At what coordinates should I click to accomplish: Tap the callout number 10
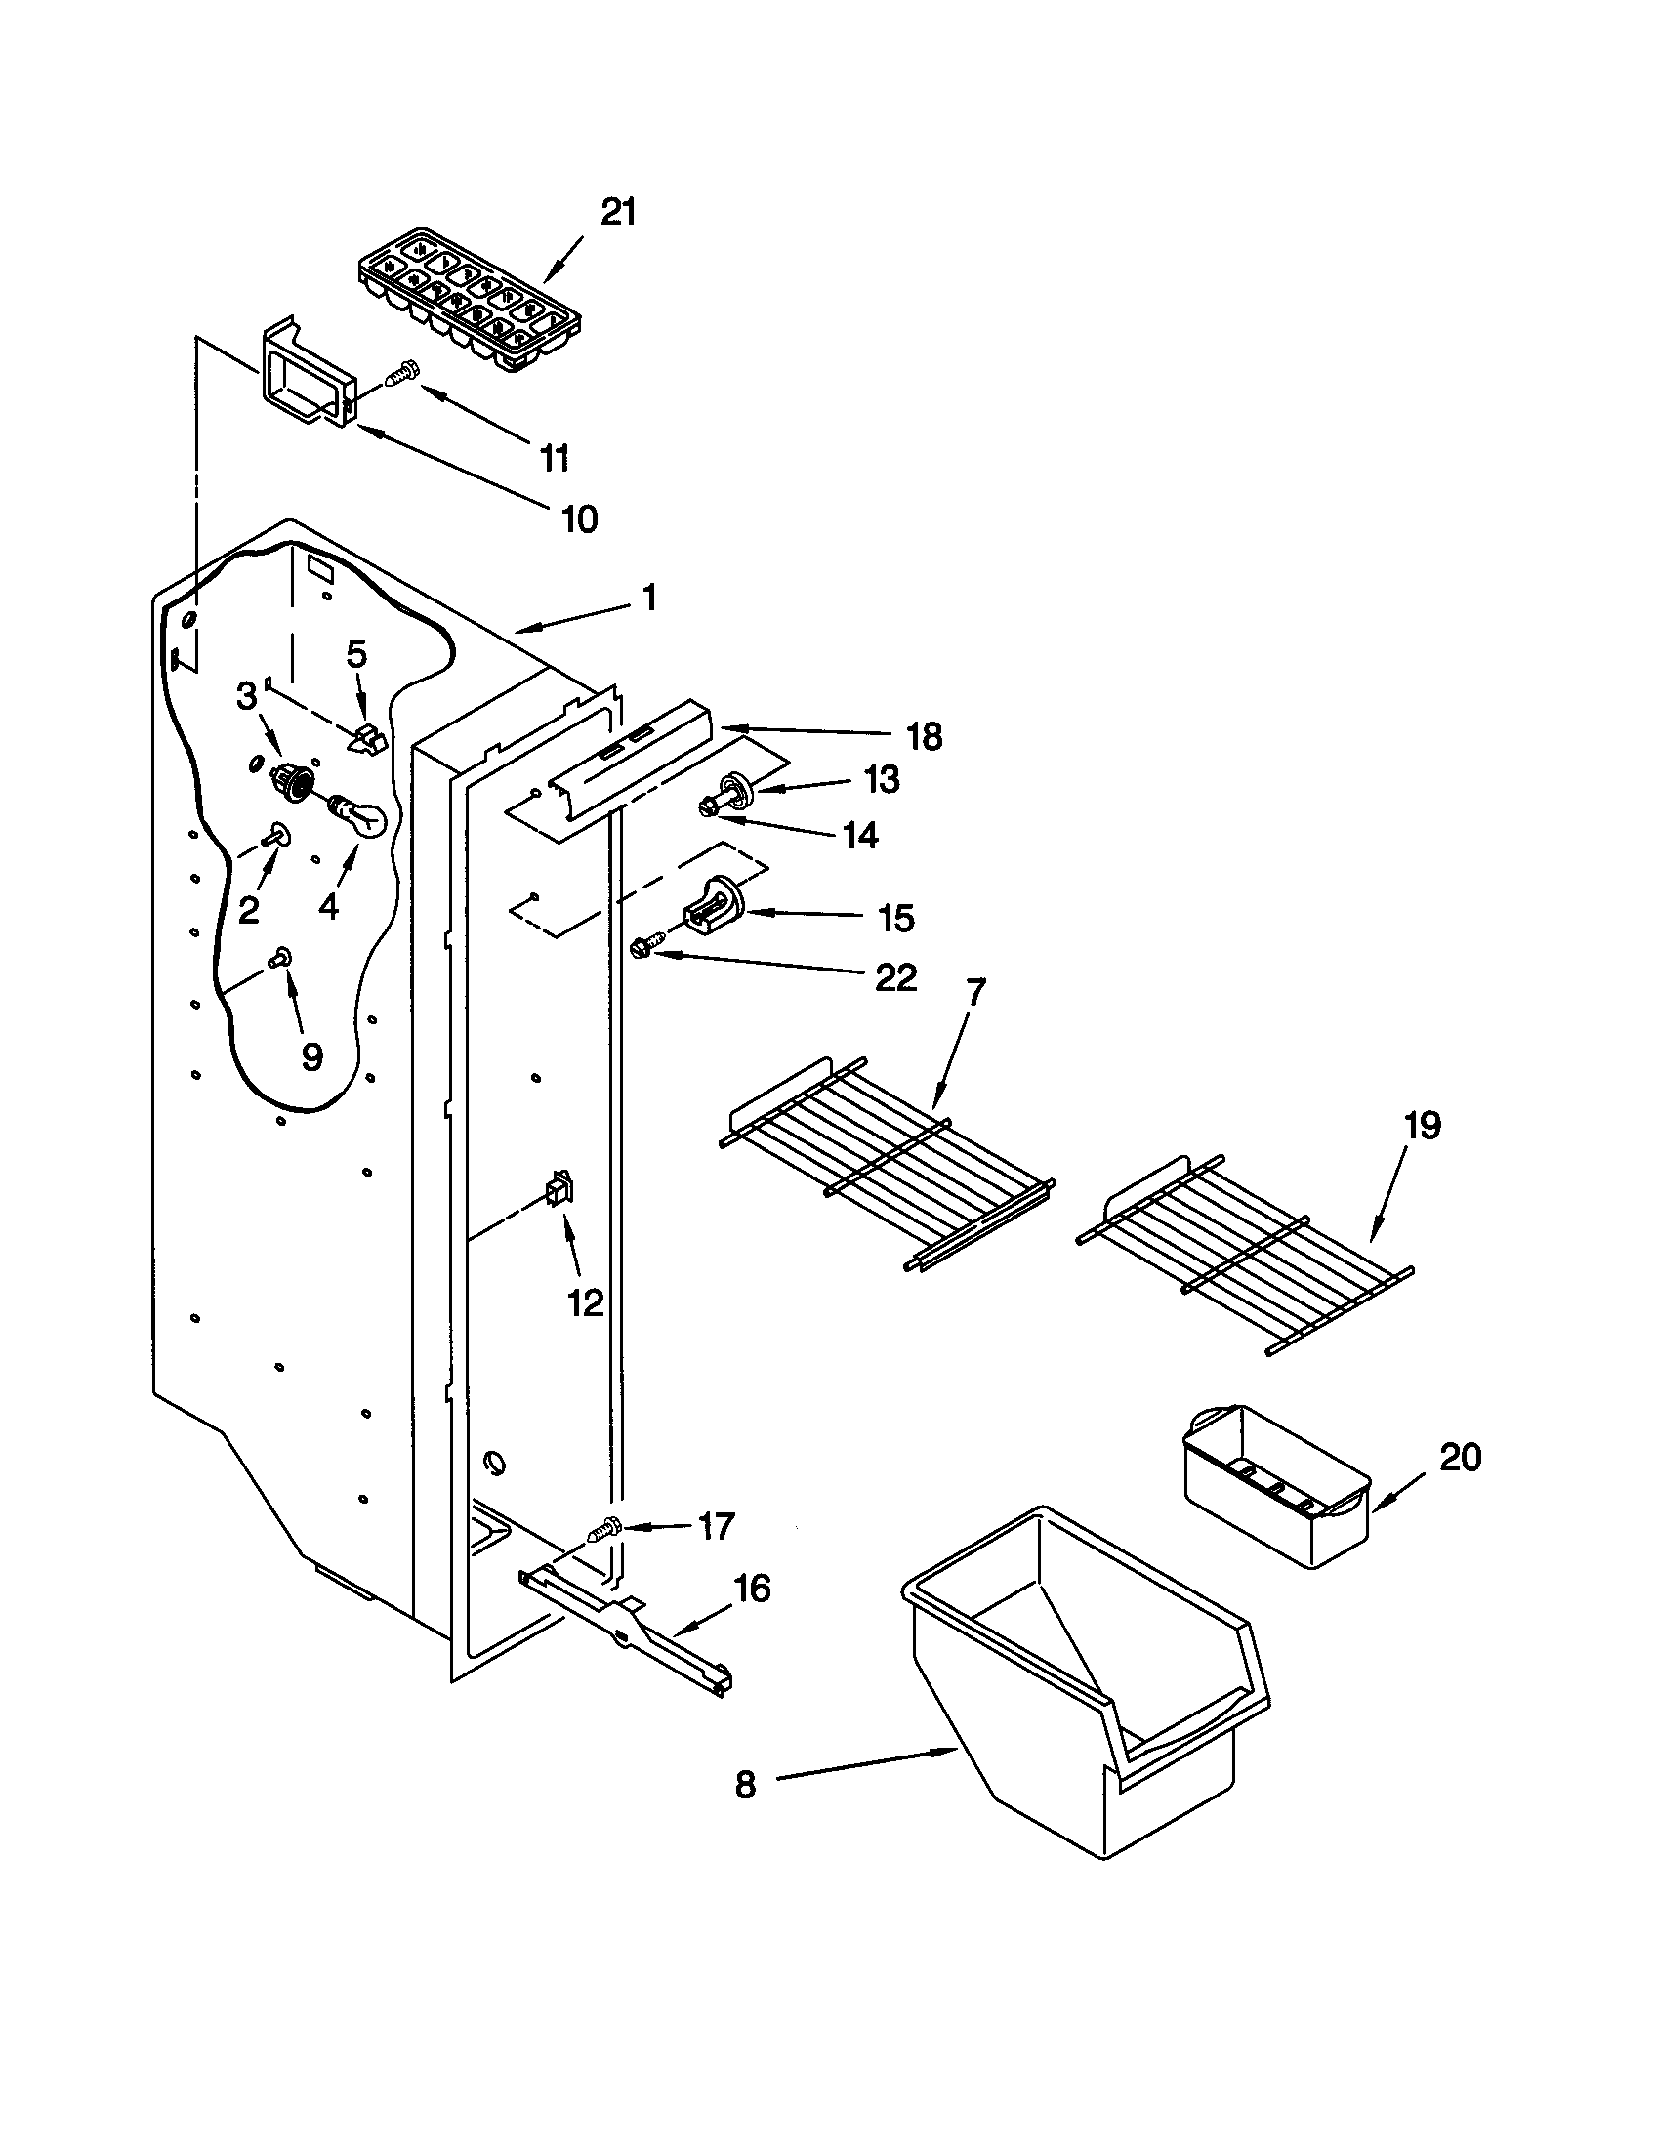click(x=579, y=518)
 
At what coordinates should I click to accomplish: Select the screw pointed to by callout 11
click(x=402, y=374)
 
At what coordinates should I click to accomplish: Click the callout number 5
click(x=357, y=654)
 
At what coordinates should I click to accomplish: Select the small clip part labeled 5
click(x=369, y=740)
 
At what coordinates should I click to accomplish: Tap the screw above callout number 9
click(x=282, y=955)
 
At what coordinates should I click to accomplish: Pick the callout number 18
click(x=925, y=736)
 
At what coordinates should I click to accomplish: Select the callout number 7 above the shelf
click(x=973, y=993)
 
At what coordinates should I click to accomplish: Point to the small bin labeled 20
click(x=1276, y=1487)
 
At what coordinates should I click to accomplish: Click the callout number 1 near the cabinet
click(x=649, y=597)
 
